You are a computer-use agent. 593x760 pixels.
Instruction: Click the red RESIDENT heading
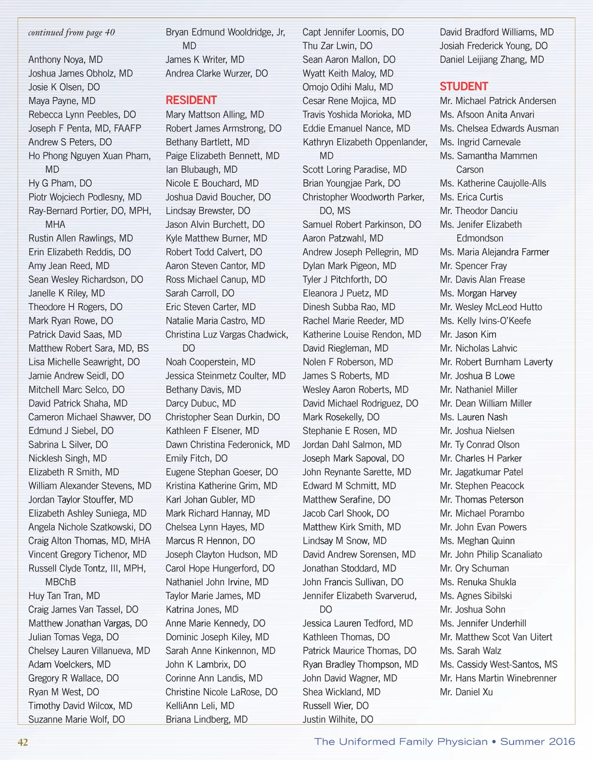(x=191, y=100)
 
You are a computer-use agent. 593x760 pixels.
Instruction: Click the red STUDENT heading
(x=464, y=87)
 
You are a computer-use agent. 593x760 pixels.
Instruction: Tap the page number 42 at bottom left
(x=23, y=742)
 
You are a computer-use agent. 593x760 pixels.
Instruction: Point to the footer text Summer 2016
(x=537, y=741)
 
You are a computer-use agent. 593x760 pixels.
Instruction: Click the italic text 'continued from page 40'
(x=71, y=32)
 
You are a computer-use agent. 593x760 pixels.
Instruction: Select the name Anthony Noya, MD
(x=65, y=60)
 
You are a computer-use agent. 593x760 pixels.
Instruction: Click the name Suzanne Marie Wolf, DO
(x=76, y=720)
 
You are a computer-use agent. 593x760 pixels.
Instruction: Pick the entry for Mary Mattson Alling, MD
(x=215, y=115)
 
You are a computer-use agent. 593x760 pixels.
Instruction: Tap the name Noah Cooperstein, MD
(x=210, y=362)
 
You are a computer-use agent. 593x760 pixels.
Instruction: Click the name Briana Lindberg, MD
(x=206, y=720)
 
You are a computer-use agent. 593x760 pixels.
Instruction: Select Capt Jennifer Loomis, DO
(x=353, y=32)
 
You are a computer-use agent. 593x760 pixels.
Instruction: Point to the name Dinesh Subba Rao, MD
(x=349, y=307)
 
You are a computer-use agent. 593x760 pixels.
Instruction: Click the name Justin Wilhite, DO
(x=338, y=720)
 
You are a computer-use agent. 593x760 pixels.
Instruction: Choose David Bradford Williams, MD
(x=497, y=32)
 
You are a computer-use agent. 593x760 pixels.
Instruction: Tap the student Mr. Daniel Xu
(x=466, y=692)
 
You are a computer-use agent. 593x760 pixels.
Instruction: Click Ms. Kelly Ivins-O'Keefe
(x=485, y=321)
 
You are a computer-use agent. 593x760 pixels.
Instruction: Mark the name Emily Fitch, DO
(x=196, y=458)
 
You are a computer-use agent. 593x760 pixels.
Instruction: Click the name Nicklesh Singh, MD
(x=68, y=458)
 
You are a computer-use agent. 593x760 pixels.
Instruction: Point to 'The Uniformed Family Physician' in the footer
(x=401, y=741)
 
